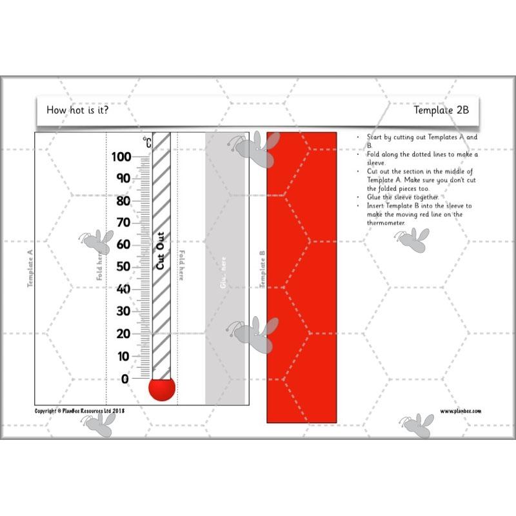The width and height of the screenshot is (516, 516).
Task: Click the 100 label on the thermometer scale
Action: [122, 157]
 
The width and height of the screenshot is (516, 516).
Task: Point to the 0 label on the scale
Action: [125, 379]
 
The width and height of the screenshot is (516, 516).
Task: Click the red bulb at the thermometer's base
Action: [162, 389]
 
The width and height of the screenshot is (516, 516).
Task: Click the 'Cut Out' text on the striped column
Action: [161, 251]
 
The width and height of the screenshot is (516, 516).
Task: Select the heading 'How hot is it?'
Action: [77, 110]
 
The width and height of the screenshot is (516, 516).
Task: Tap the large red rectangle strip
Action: [302, 277]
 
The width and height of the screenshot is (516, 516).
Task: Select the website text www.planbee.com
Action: [461, 411]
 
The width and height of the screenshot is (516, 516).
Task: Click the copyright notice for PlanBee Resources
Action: [79, 411]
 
